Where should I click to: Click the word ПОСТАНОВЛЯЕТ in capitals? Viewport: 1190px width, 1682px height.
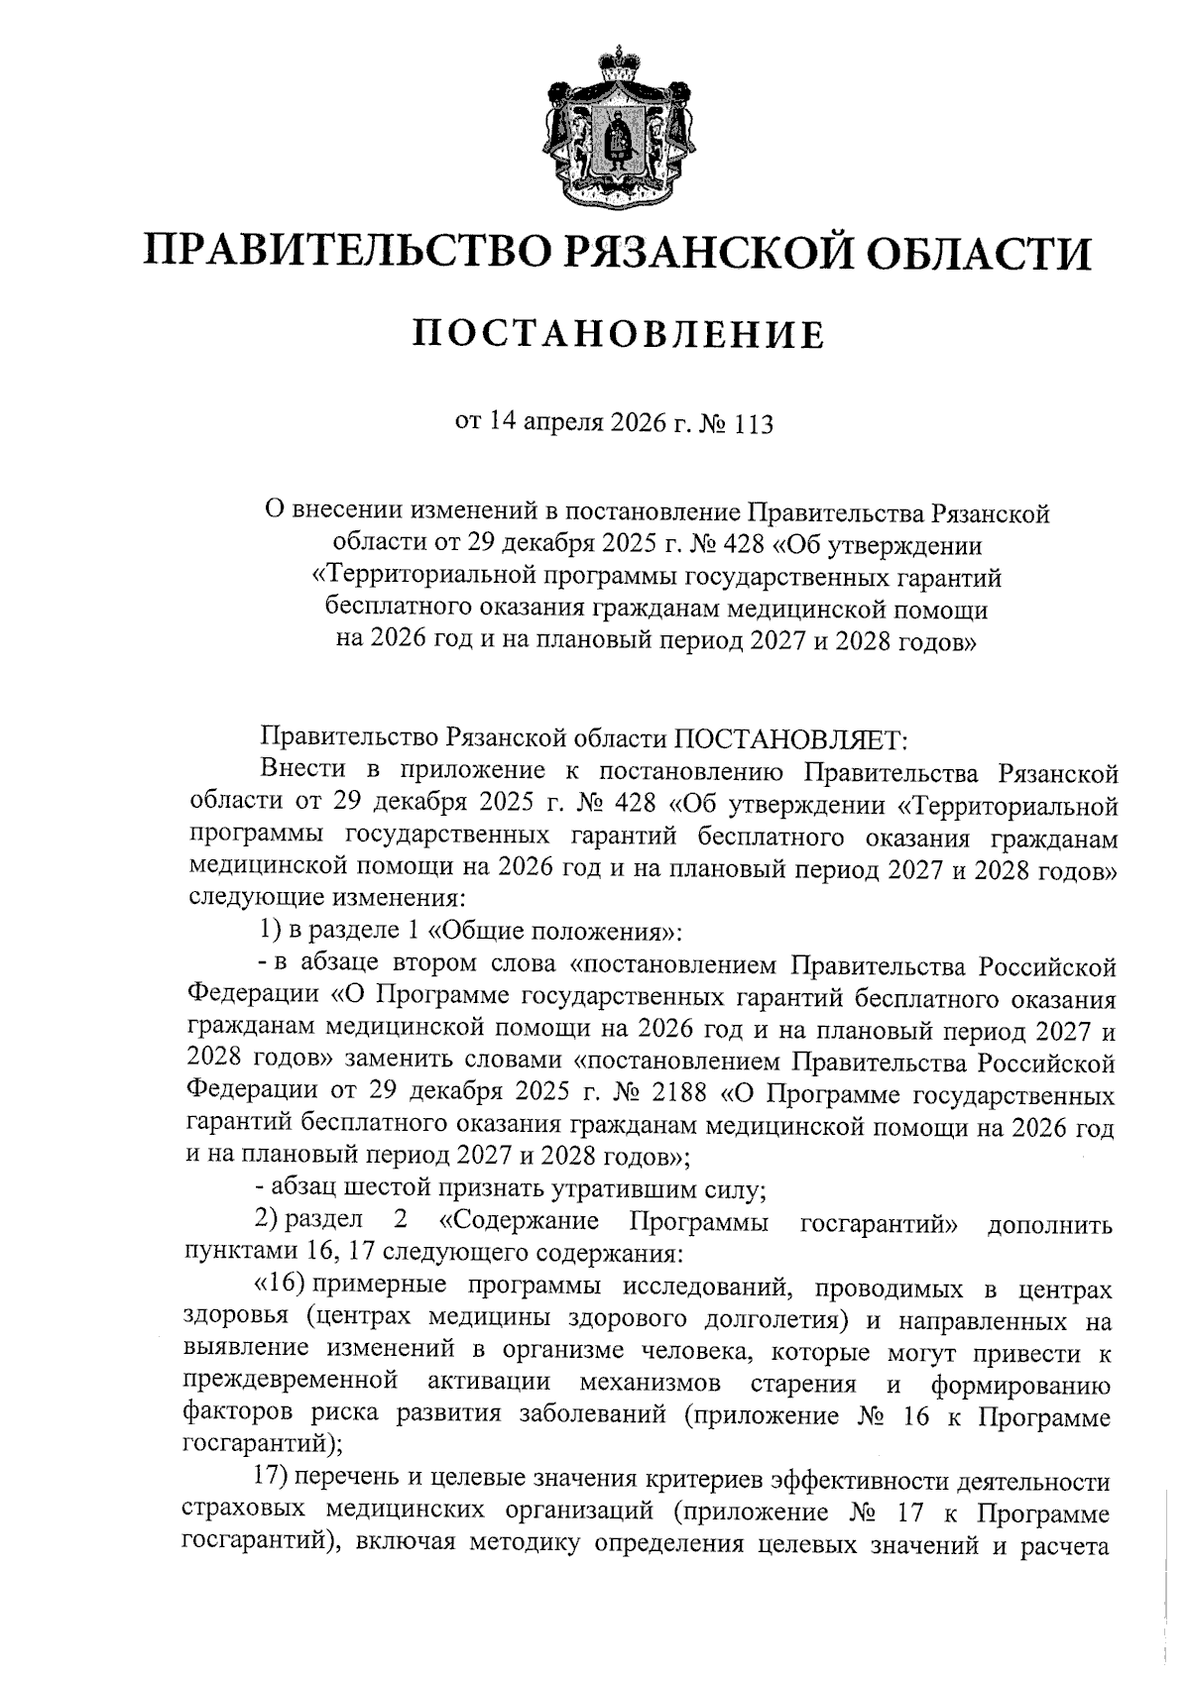[x=789, y=738]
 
